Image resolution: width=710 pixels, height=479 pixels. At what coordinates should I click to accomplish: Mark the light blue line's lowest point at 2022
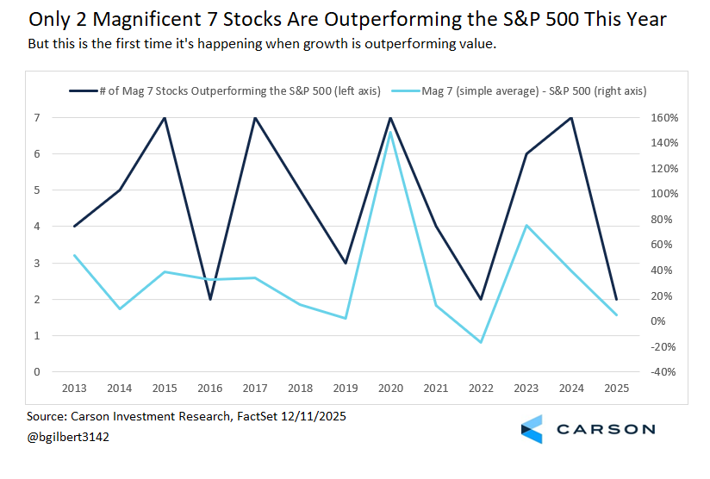pos(481,343)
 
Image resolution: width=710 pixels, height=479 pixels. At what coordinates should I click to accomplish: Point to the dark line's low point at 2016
pos(210,299)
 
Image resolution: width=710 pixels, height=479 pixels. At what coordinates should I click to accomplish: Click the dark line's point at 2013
pos(75,227)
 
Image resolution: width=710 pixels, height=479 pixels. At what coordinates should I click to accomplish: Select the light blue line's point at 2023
pos(526,226)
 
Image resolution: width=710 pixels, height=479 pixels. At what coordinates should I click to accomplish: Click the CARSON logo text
pos(606,429)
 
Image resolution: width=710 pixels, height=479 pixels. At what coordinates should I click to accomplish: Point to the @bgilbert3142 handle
pos(68,437)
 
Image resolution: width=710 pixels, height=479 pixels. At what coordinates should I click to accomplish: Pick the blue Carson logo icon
pos(532,429)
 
